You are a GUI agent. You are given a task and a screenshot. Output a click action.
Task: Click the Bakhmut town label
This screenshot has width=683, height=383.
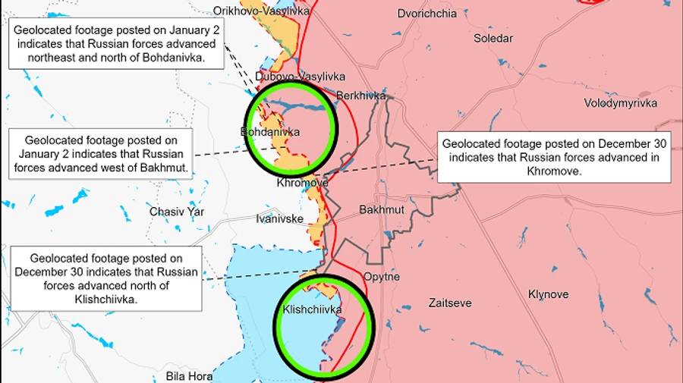point(381,209)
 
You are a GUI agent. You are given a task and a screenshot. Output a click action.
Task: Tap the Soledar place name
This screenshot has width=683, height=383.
point(493,38)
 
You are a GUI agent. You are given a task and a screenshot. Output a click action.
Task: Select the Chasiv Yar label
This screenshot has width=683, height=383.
point(177,212)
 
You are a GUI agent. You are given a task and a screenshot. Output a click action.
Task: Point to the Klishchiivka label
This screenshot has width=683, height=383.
point(312,309)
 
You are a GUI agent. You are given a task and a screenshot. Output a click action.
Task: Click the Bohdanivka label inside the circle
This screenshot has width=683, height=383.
point(270,132)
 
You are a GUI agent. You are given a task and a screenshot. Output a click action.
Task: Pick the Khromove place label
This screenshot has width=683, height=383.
point(303,183)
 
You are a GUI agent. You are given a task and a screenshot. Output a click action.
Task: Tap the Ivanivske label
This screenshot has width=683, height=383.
point(281,219)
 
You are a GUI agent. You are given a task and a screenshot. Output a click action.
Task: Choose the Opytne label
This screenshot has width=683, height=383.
point(381,277)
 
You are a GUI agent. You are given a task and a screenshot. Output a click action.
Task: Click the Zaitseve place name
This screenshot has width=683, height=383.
point(450,303)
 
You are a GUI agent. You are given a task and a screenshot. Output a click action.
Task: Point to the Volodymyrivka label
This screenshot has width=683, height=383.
point(621,103)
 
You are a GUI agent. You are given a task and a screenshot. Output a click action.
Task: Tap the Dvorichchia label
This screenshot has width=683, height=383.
point(427,14)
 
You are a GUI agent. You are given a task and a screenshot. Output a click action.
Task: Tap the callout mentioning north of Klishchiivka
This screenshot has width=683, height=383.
point(106,278)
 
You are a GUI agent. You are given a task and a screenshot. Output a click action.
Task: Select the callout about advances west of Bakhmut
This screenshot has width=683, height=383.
point(101,154)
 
